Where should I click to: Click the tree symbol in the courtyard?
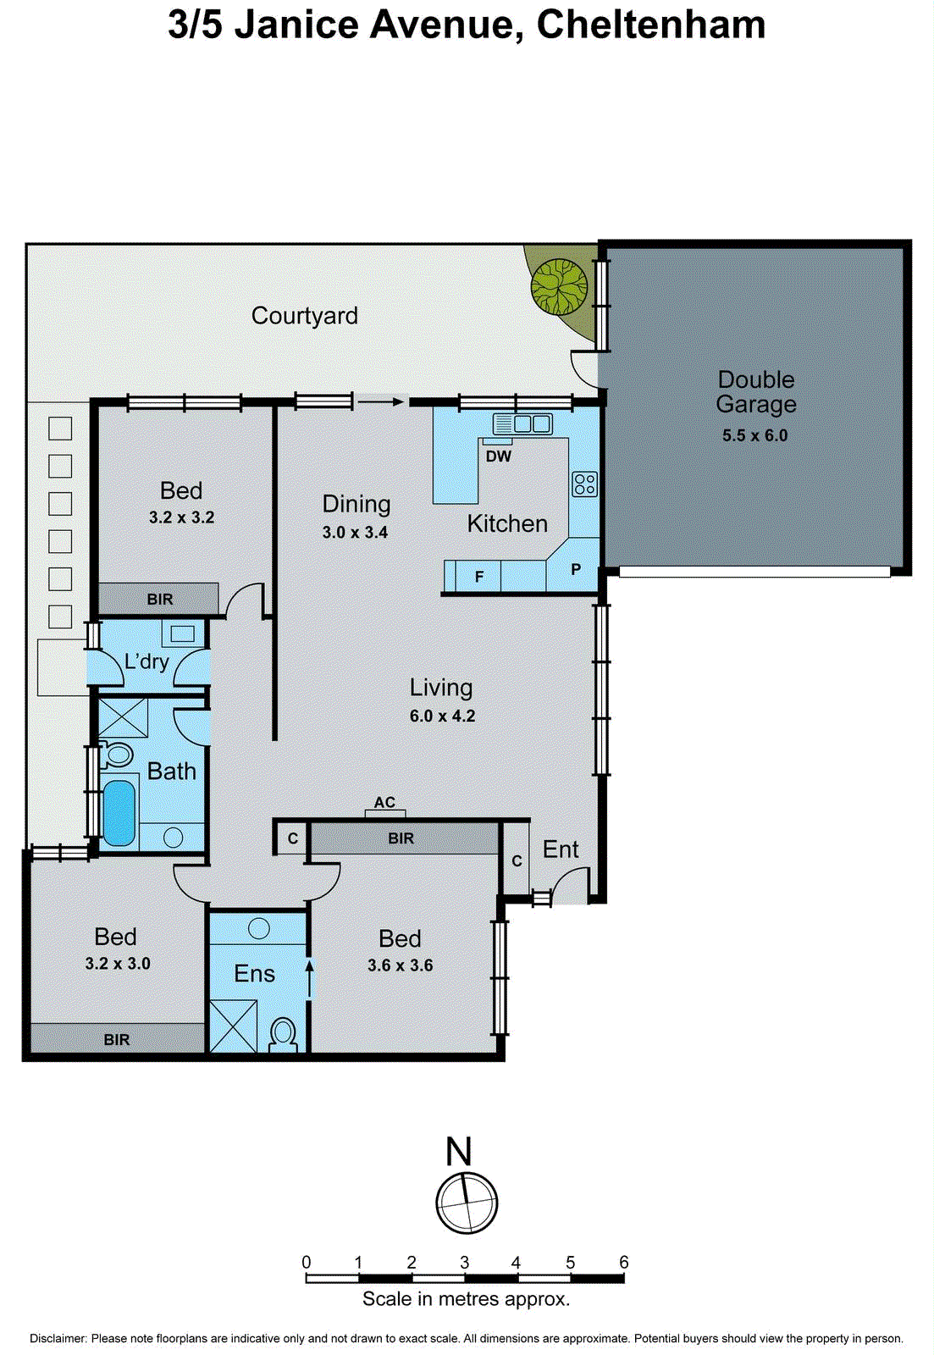click(x=559, y=286)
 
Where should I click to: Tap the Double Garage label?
click(x=755, y=391)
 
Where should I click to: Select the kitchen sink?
click(x=523, y=423)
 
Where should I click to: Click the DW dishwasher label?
click(x=499, y=456)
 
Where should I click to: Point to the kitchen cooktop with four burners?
click(x=584, y=484)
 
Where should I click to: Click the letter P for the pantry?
click(x=576, y=569)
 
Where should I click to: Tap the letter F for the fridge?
click(x=479, y=577)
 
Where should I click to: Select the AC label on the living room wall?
click(x=384, y=802)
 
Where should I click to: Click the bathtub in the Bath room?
click(x=119, y=812)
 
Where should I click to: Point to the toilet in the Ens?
click(x=283, y=1034)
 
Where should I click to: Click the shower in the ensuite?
click(x=233, y=1026)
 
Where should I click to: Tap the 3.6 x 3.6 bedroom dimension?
click(x=400, y=965)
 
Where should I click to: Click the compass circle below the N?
click(x=467, y=1203)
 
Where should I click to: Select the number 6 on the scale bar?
click(x=623, y=1262)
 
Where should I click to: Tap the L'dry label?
click(x=146, y=661)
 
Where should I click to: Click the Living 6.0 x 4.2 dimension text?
click(x=442, y=716)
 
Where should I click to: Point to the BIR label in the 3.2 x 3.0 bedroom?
click(x=117, y=1039)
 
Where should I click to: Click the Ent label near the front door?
click(x=561, y=849)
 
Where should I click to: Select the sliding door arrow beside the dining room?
click(x=380, y=402)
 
